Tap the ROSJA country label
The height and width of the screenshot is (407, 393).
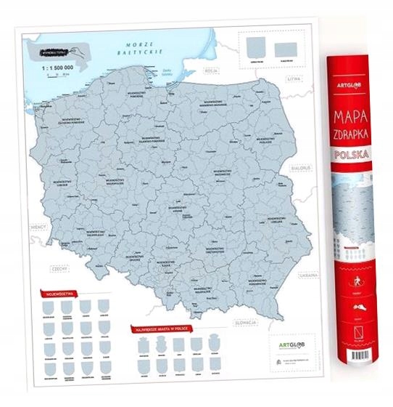[x=212, y=71]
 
